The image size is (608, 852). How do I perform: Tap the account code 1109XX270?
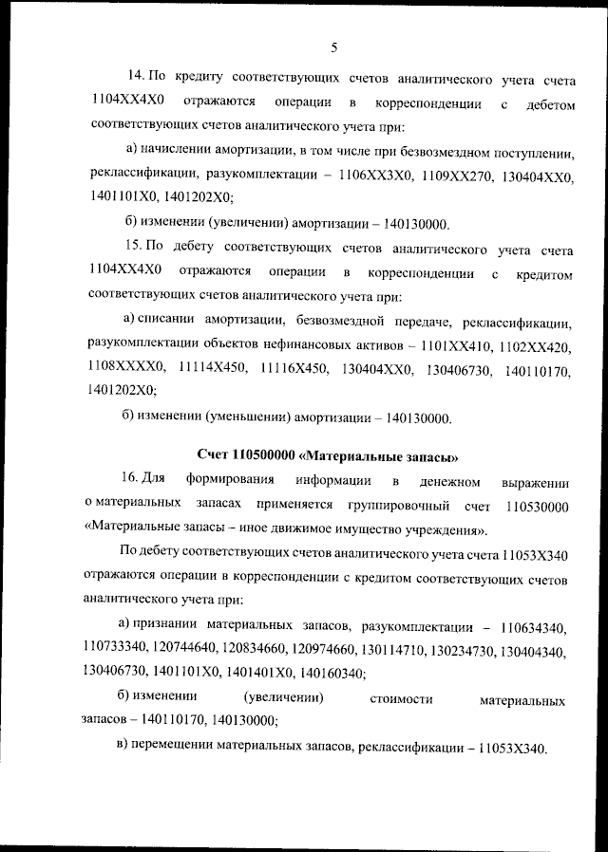[446, 176]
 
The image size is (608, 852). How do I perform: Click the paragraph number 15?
[136, 250]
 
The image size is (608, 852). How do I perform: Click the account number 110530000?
[539, 505]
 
